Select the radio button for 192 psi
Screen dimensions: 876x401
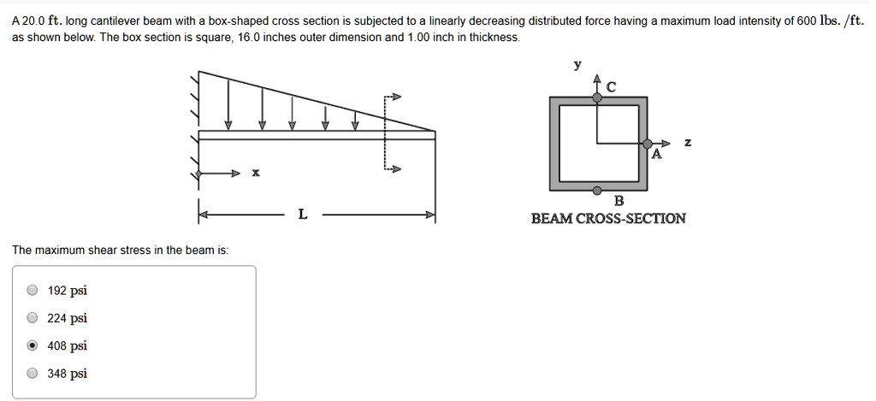coord(33,291)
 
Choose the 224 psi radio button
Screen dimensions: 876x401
coord(33,318)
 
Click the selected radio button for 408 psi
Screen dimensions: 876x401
coord(33,345)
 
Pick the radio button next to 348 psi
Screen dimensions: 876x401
coord(33,374)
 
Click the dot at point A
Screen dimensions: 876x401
coord(648,144)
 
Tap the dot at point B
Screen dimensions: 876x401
coord(597,190)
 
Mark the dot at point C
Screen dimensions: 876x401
coord(597,97)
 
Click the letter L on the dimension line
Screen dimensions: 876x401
coord(302,214)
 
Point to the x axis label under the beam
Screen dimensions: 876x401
coord(255,173)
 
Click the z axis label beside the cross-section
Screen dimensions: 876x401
coord(688,143)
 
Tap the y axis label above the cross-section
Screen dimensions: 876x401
coord(577,65)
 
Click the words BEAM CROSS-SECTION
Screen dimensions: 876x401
coord(608,218)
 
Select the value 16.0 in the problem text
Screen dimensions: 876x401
coord(249,38)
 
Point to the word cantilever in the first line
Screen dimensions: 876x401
coord(115,21)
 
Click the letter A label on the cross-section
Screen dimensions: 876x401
coord(657,154)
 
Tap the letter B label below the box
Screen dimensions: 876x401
coord(619,200)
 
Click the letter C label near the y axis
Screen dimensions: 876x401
coord(611,87)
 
